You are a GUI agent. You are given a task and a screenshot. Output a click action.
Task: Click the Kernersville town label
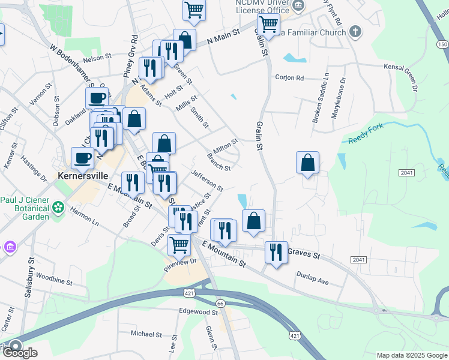click(x=82, y=176)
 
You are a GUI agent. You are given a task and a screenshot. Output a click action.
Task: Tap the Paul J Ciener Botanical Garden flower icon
click(x=58, y=208)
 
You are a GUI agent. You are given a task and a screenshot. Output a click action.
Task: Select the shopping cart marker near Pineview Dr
click(x=179, y=244)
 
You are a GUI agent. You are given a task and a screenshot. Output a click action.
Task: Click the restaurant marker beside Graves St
click(x=276, y=251)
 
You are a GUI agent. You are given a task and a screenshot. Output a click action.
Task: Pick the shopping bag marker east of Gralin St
click(x=307, y=163)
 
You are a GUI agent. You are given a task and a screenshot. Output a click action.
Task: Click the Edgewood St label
click(x=198, y=312)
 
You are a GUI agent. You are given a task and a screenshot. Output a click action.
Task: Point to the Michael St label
click(x=143, y=334)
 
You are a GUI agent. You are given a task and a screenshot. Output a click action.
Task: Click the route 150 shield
click(x=442, y=44)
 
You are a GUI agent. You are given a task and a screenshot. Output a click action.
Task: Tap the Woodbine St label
click(x=54, y=279)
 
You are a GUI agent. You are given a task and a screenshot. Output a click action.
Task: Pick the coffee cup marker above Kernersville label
click(x=82, y=158)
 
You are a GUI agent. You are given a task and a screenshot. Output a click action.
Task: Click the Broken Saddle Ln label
click(x=320, y=98)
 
